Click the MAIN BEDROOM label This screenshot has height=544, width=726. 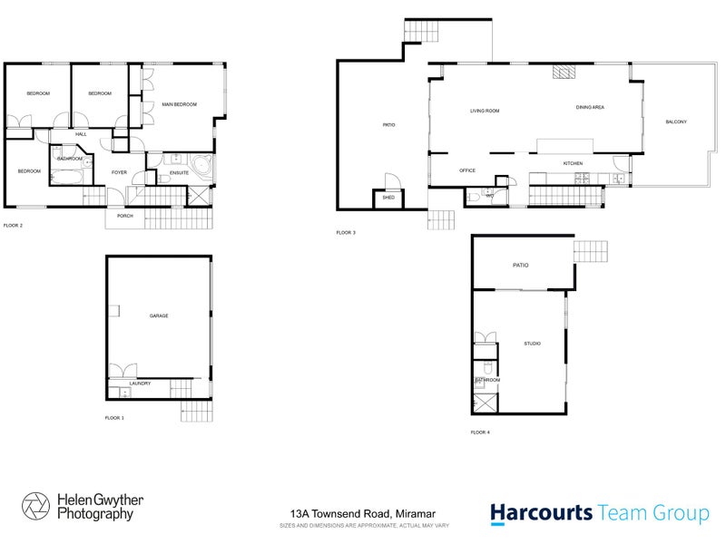click(180, 105)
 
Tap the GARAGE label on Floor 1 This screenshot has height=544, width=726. click(159, 316)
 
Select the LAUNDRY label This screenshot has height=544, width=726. click(139, 384)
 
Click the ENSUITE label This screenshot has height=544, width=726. click(179, 172)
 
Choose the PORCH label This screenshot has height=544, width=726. click(124, 217)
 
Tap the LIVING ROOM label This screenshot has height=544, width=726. click(485, 112)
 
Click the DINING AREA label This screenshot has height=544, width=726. click(590, 108)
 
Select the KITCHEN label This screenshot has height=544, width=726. click(573, 163)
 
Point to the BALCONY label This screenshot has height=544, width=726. click(675, 122)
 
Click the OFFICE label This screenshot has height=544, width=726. click(467, 170)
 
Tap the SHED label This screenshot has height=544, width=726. click(388, 197)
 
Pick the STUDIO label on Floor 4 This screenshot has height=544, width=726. click(532, 344)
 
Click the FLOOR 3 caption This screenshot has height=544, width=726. click(346, 233)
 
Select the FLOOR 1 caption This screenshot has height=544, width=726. click(114, 418)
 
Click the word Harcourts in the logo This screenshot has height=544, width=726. click(542, 513)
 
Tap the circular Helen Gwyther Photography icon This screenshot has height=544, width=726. click(37, 507)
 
